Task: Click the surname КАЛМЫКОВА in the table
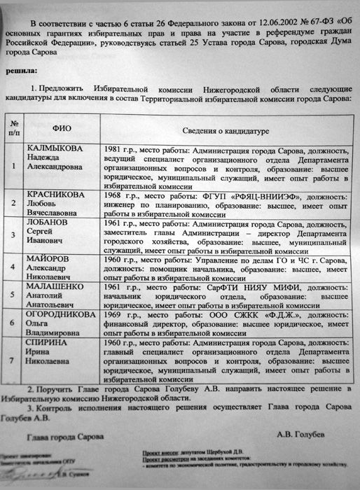pyautogui.click(x=54, y=149)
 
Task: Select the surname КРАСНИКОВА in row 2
pyautogui.click(x=57, y=195)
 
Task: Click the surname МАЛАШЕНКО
pyautogui.click(x=55, y=286)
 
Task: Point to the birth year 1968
pyautogui.click(x=112, y=195)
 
